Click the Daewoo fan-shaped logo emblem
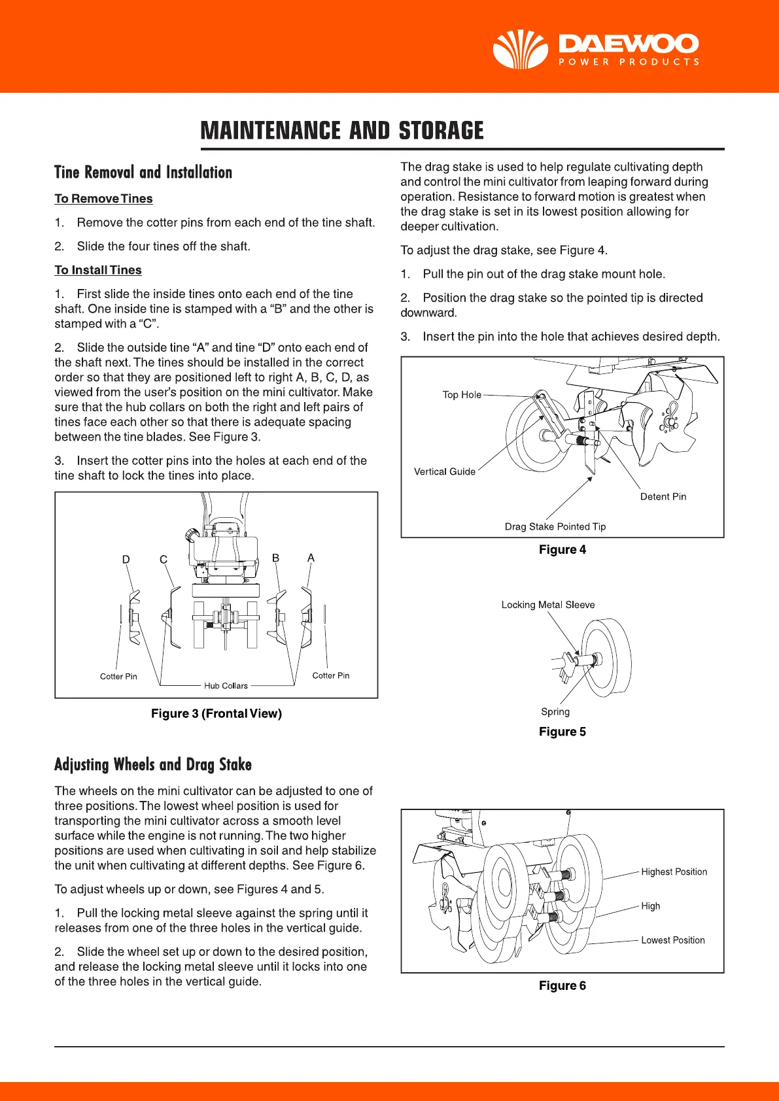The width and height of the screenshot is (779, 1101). click(x=520, y=50)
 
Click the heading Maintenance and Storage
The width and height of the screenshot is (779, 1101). click(x=341, y=131)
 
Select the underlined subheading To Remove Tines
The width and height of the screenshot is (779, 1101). click(x=103, y=199)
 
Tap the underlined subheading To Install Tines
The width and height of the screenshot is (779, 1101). click(x=98, y=270)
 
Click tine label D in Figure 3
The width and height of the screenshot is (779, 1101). click(x=126, y=560)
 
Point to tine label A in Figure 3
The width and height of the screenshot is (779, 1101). click(x=311, y=558)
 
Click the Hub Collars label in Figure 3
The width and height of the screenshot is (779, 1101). click(x=226, y=686)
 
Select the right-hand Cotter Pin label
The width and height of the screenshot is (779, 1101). click(x=330, y=675)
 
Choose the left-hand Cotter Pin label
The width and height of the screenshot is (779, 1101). click(x=118, y=676)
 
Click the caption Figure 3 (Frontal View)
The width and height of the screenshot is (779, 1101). click(x=216, y=713)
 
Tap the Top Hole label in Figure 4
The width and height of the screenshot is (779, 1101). click(x=462, y=395)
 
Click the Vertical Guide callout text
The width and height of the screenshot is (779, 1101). click(x=445, y=471)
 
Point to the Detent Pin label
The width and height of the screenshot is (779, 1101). click(x=663, y=496)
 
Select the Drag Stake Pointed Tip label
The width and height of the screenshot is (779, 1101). click(x=555, y=526)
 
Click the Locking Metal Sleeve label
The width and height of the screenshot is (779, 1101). click(x=548, y=605)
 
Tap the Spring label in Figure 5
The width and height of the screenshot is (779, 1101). click(x=555, y=711)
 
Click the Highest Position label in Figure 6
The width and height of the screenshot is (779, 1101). click(x=674, y=872)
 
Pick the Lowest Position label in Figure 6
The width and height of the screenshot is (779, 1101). click(x=672, y=940)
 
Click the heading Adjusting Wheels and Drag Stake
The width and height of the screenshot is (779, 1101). click(x=153, y=764)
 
